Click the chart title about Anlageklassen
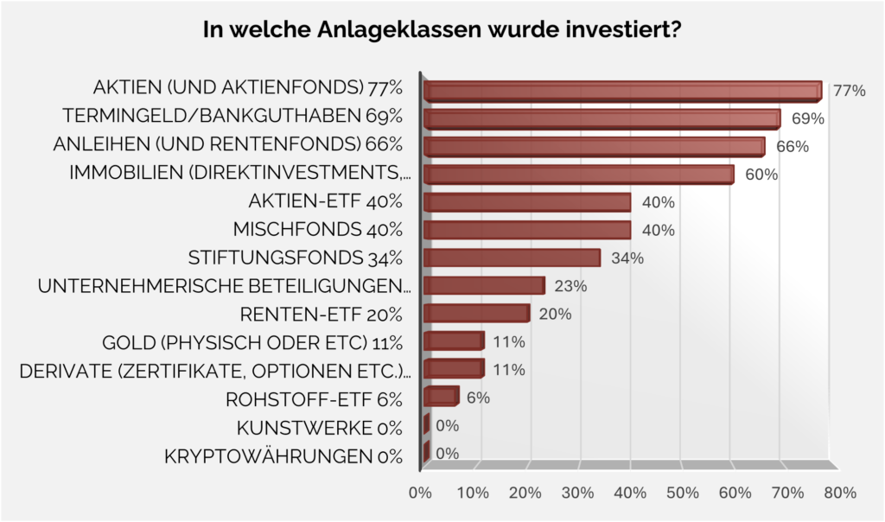click(442, 30)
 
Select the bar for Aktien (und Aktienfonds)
click(622, 92)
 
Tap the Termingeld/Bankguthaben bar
click(602, 119)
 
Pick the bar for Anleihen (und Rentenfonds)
click(594, 147)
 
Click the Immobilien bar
click(578, 175)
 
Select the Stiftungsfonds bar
click(512, 258)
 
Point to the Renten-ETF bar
click(476, 313)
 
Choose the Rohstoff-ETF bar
click(441, 397)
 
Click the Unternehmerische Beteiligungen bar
click(484, 285)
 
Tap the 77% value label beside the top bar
click(849, 91)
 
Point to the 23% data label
click(571, 286)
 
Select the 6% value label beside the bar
click(478, 398)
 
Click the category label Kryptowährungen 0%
click(283, 455)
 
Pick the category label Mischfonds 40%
click(318, 230)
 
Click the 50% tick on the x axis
click(682, 493)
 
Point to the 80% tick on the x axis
click(839, 493)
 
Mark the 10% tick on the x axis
click(472, 493)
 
